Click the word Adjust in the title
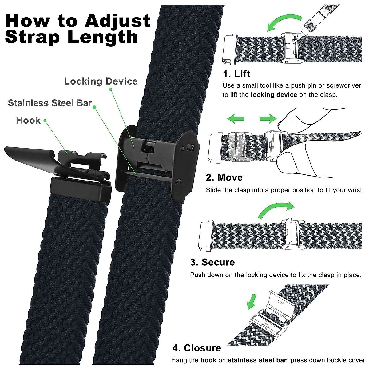(118, 21)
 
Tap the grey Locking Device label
(101, 81)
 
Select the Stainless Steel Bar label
(50, 103)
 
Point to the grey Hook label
(28, 120)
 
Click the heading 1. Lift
(236, 74)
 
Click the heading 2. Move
(224, 177)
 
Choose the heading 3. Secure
(212, 262)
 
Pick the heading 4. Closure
(197, 348)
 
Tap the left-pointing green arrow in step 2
(236, 118)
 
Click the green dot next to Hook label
(45, 121)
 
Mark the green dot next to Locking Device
(110, 89)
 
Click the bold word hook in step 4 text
(208, 360)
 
